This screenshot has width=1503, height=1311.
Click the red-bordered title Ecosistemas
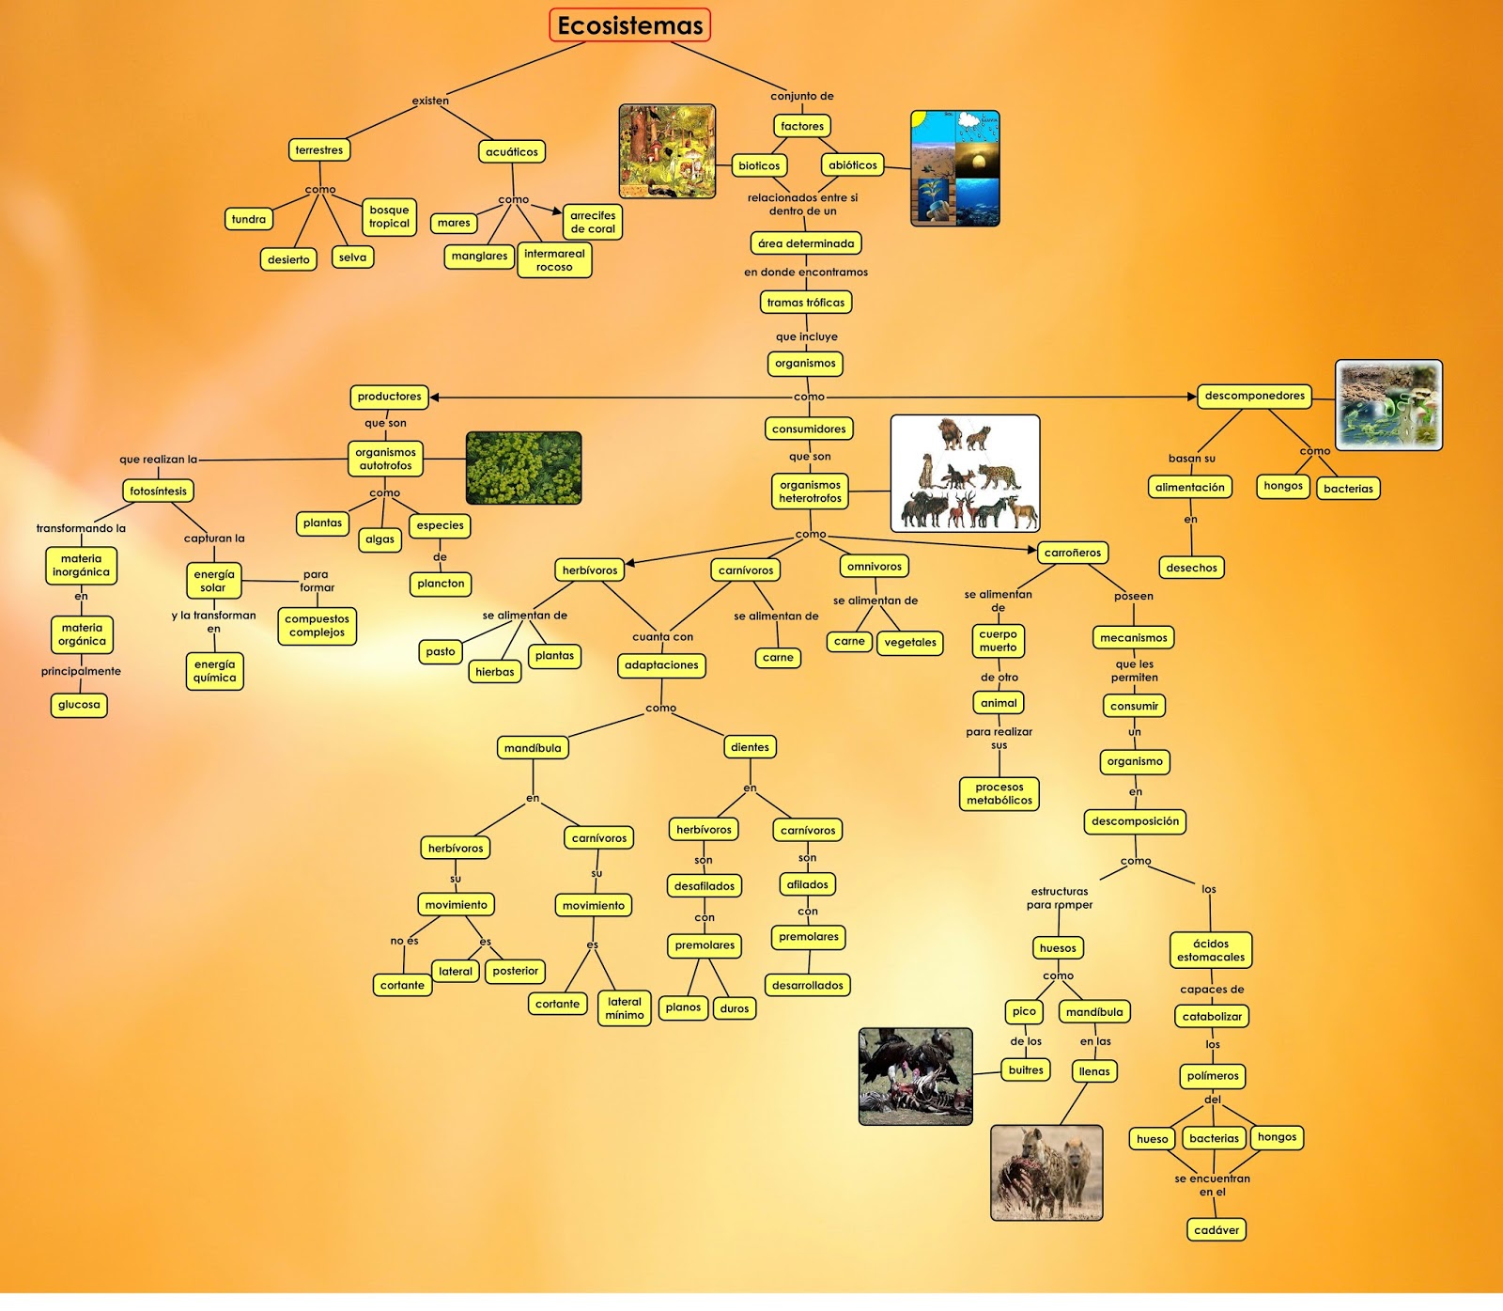click(x=629, y=25)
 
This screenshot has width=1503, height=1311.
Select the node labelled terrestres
click(x=319, y=150)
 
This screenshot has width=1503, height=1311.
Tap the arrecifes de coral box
click(x=593, y=222)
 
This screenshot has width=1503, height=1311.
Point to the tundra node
click(x=249, y=220)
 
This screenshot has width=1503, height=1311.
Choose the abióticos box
click(x=852, y=165)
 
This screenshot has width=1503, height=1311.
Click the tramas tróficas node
click(x=805, y=303)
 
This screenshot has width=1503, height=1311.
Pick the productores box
click(x=389, y=397)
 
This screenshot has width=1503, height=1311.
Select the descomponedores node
click(x=1254, y=396)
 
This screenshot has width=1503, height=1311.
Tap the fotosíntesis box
click(x=158, y=491)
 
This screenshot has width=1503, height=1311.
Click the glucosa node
click(x=79, y=705)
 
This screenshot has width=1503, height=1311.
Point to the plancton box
click(x=441, y=584)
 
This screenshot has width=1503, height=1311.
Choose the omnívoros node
click(x=874, y=567)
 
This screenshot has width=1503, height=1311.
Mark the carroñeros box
click(x=1072, y=553)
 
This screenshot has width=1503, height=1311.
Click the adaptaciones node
click(x=661, y=665)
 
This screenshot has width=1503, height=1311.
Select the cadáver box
click(x=1216, y=1230)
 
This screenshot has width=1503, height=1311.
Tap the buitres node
click(x=1026, y=1070)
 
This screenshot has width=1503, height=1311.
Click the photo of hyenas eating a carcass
click(x=1046, y=1173)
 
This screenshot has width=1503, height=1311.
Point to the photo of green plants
click(x=523, y=468)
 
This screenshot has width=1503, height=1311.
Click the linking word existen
click(x=430, y=101)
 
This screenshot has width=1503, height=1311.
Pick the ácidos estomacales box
click(x=1211, y=950)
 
